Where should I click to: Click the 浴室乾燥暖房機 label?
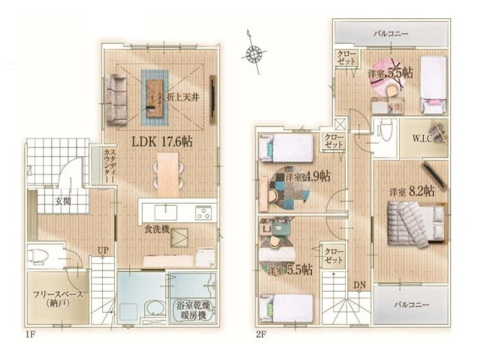[x=192, y=310]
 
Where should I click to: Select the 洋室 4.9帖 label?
[x=304, y=177]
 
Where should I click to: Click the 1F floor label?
[x=29, y=334]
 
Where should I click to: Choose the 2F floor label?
[x=261, y=334]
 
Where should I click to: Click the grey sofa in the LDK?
[x=117, y=98]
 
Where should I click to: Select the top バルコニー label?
[x=392, y=34]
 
